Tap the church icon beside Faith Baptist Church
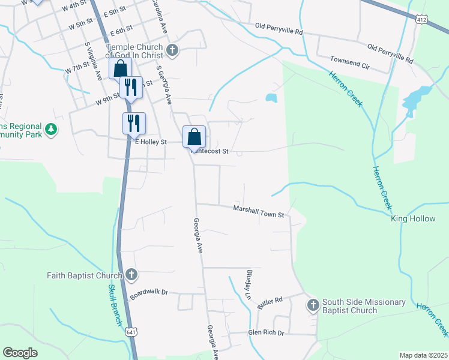tap(131, 275)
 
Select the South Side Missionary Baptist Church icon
tap(313, 305)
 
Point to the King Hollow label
tap(413, 219)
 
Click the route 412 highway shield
tap(423, 20)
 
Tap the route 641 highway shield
tap(131, 332)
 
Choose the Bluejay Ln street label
tap(248, 284)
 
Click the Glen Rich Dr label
tap(265, 332)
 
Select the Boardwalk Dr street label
tap(149, 292)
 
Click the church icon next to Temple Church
tap(173, 50)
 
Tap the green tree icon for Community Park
tap(51, 129)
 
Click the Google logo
tap(20, 353)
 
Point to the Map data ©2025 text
tap(423, 355)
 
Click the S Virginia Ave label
tap(94, 60)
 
